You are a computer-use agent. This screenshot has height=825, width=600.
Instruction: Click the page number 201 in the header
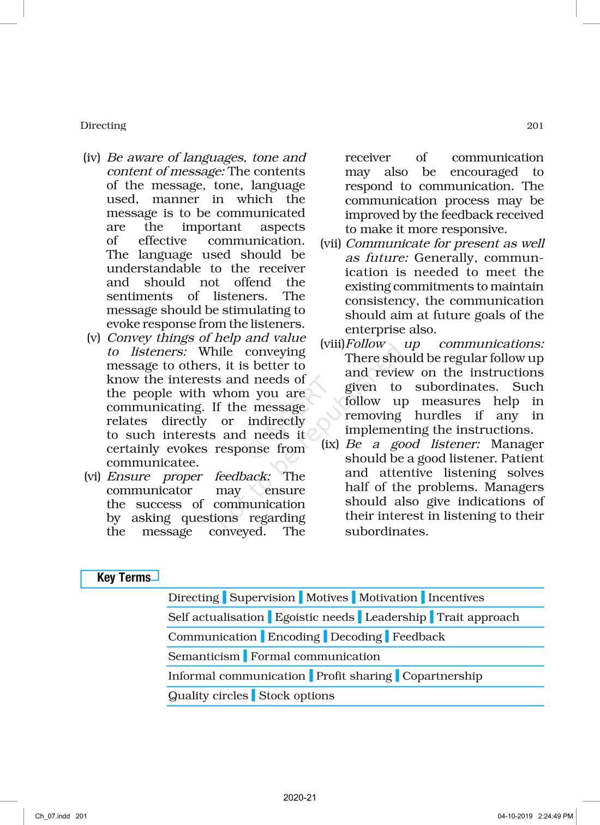[x=535, y=125]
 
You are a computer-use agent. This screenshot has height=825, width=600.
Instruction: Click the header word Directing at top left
[x=103, y=125]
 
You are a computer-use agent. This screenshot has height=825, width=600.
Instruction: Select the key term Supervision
[x=262, y=597]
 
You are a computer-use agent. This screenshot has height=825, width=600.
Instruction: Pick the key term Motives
[x=327, y=597]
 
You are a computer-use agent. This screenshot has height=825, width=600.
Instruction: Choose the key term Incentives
[x=456, y=597]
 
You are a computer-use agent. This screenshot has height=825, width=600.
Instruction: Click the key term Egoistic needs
[x=314, y=617]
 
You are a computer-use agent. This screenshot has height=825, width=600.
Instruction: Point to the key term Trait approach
[x=478, y=617]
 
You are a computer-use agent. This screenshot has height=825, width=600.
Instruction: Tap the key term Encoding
[x=293, y=637]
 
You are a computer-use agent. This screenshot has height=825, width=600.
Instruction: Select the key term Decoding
[x=356, y=637]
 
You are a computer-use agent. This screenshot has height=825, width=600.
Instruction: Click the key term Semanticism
[x=203, y=656]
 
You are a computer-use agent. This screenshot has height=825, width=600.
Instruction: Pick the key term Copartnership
[x=442, y=676]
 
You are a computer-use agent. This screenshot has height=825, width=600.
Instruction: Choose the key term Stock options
[x=297, y=696]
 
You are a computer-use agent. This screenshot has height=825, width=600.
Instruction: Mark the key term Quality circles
[x=208, y=696]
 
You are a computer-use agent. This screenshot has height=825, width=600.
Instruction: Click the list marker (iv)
[x=92, y=158]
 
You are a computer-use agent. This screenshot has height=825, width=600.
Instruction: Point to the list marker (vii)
[x=331, y=243]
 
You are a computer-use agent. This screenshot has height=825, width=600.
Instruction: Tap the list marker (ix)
[x=330, y=444]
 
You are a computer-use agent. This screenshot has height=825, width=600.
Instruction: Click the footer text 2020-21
[x=299, y=797]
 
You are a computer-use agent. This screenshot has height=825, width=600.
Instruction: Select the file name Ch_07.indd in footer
[x=53, y=816]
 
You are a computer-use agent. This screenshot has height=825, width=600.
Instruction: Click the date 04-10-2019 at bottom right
[x=515, y=816]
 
